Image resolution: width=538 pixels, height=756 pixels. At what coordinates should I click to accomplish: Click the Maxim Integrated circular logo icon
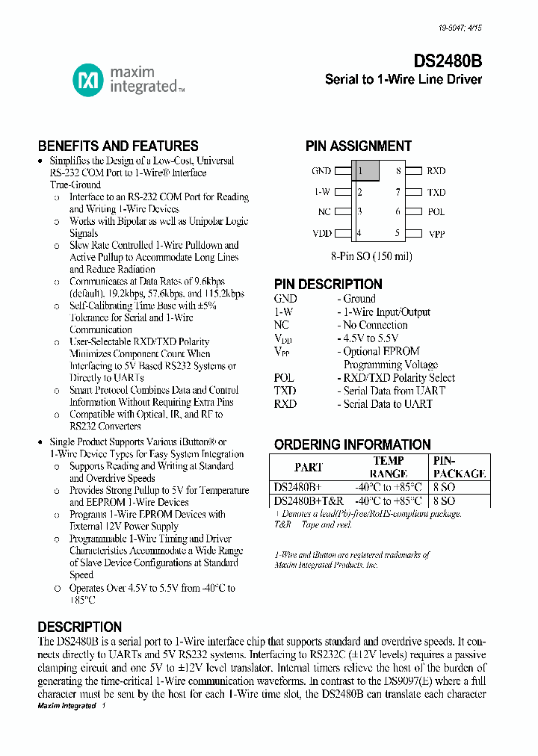[x=87, y=80]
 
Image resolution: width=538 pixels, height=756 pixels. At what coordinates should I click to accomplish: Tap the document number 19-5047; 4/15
[x=460, y=28]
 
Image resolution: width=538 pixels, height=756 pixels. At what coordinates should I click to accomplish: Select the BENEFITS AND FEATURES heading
[x=118, y=146]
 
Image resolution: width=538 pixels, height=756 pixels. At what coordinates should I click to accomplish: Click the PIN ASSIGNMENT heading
[x=359, y=146]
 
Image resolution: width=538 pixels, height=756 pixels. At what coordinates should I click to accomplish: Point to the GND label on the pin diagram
[x=321, y=171]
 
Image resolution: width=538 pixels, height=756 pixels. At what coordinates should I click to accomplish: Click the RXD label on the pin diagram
[x=436, y=171]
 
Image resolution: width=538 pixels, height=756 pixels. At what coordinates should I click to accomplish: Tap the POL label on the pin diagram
[x=436, y=212]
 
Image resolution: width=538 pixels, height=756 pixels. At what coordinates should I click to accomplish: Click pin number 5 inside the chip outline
[x=398, y=233]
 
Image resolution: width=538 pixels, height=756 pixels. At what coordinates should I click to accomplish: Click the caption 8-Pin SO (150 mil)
[x=371, y=255]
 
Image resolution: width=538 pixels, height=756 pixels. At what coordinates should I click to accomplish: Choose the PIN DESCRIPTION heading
[x=328, y=284]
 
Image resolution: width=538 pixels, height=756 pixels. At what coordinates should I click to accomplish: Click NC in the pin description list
[x=282, y=325]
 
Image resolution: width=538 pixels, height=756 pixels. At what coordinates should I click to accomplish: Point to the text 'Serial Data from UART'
[x=394, y=391]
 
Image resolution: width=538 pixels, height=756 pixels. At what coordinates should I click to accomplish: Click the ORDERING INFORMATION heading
[x=352, y=444]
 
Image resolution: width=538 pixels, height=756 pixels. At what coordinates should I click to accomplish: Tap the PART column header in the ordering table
[x=309, y=468]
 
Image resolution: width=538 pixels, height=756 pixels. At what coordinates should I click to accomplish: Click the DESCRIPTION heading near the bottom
[x=79, y=627]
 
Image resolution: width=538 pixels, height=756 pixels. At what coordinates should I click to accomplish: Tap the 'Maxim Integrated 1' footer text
[x=67, y=706]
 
